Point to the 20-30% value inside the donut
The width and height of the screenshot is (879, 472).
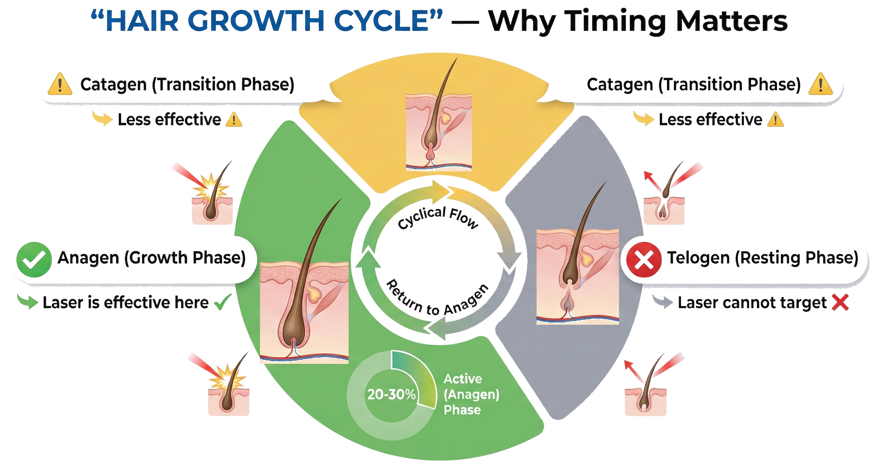tap(391, 395)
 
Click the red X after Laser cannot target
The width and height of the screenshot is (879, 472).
tap(840, 303)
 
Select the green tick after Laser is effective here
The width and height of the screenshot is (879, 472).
tap(224, 302)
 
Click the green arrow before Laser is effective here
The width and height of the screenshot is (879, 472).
tap(28, 302)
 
